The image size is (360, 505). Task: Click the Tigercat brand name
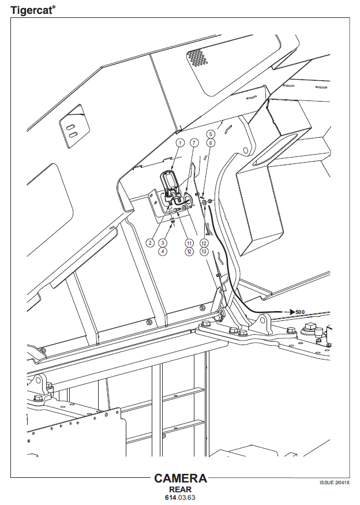pyautogui.click(x=32, y=10)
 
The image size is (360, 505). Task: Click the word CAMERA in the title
pyautogui.click(x=181, y=478)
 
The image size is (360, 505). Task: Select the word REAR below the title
pyautogui.click(x=181, y=489)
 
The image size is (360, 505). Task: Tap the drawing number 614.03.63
pyautogui.click(x=181, y=497)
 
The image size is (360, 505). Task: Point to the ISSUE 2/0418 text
pyautogui.click(x=334, y=482)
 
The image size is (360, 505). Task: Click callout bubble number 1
pyautogui.click(x=180, y=143)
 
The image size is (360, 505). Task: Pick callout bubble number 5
pyautogui.click(x=211, y=134)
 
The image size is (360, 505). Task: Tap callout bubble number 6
pyautogui.click(x=211, y=143)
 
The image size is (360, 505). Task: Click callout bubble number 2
pyautogui.click(x=150, y=242)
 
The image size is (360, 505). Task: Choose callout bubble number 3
pyautogui.click(x=163, y=242)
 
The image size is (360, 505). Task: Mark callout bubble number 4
pyautogui.click(x=163, y=251)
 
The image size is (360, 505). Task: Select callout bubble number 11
pyautogui.click(x=189, y=242)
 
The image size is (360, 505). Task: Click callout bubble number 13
pyautogui.click(x=204, y=251)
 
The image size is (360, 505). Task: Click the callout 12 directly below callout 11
pyautogui.click(x=189, y=251)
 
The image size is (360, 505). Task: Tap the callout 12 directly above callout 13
pyautogui.click(x=204, y=242)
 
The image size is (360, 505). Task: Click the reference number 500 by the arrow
pyautogui.click(x=300, y=312)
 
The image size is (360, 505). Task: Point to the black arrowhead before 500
pyautogui.click(x=292, y=312)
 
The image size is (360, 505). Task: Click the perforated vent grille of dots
pyautogui.click(x=197, y=57)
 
